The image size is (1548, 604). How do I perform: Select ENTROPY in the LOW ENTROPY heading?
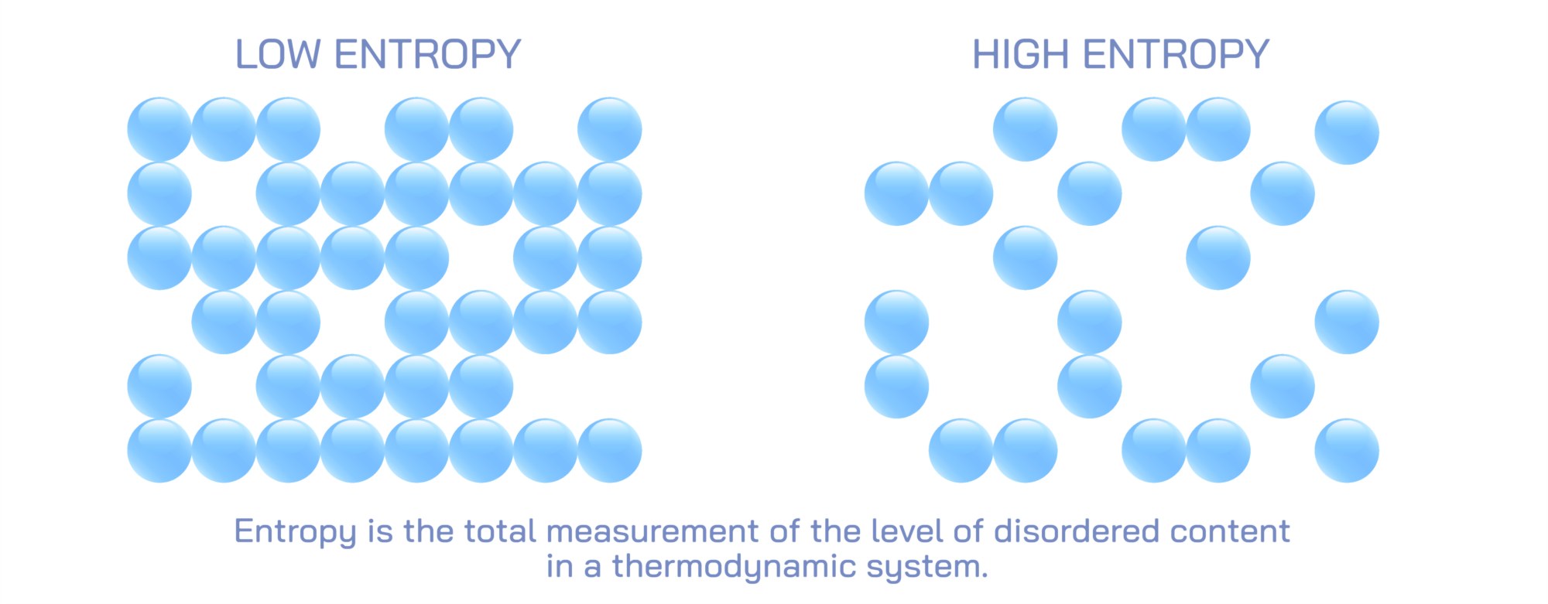coord(427,55)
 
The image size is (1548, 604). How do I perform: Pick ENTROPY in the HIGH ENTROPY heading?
coord(1176,55)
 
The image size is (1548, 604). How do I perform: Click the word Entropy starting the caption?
coord(295,532)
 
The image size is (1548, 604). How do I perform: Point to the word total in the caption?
coord(500,531)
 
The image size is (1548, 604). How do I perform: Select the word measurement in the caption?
coord(652,531)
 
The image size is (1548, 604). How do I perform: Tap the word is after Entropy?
coord(380,531)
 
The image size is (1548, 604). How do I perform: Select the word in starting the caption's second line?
coord(559,567)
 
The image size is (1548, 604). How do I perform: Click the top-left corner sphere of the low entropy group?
coord(159,129)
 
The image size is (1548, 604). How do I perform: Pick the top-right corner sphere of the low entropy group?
coord(610,129)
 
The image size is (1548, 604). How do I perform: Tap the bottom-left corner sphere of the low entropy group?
coord(159,451)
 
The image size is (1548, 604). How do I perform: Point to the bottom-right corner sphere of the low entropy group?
coord(610,451)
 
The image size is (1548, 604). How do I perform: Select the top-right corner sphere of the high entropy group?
coord(1347,132)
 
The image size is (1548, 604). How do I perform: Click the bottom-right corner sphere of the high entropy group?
coord(1347,451)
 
